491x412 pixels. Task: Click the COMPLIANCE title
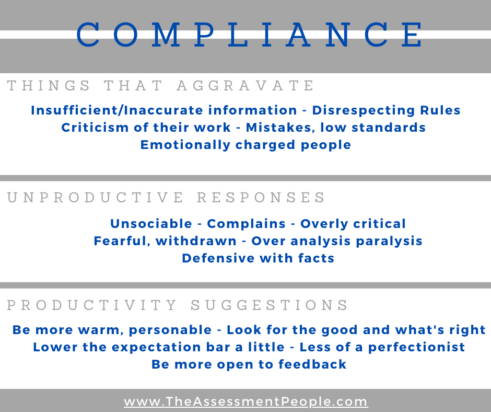point(250,35)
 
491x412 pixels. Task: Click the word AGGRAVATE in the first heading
point(245,86)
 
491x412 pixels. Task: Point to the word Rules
point(440,110)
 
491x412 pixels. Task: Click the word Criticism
point(95,128)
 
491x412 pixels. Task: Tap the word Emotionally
point(185,145)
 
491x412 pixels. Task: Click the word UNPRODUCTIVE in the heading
point(95,198)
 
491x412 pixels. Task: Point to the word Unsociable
point(151,224)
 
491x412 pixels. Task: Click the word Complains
point(246,224)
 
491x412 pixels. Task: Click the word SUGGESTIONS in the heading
point(269,305)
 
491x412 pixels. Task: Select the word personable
point(170,330)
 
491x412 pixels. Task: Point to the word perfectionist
point(416,347)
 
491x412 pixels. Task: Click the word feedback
point(312,364)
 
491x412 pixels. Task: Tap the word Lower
point(55,347)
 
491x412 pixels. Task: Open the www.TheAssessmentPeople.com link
point(245,402)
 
